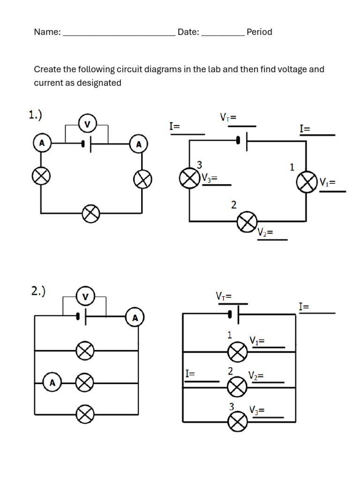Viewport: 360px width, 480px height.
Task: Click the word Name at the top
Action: tap(47, 32)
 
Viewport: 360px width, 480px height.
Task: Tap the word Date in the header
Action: tap(188, 32)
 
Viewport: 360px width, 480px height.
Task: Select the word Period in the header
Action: tap(259, 32)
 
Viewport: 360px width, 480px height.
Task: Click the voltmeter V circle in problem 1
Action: tap(87, 124)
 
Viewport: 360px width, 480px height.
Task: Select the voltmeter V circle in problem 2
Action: tap(85, 297)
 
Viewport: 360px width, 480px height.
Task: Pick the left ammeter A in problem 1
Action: tap(42, 143)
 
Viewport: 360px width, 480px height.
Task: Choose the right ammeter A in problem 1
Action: tap(138, 144)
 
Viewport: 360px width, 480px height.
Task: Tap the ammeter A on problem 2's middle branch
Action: tap(52, 383)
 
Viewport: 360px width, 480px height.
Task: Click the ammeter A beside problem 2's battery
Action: tap(135, 318)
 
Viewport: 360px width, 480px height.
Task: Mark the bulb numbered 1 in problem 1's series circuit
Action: tap(307, 182)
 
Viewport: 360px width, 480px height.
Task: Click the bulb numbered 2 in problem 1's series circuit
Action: tap(247, 221)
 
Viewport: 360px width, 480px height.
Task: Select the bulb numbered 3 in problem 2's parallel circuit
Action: tap(238, 422)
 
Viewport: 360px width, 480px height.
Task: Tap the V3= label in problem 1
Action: tap(210, 178)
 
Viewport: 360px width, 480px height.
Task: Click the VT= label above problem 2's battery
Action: tap(224, 296)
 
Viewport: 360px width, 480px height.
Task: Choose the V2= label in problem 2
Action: tap(256, 375)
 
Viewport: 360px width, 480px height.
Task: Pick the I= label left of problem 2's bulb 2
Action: tap(190, 374)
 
